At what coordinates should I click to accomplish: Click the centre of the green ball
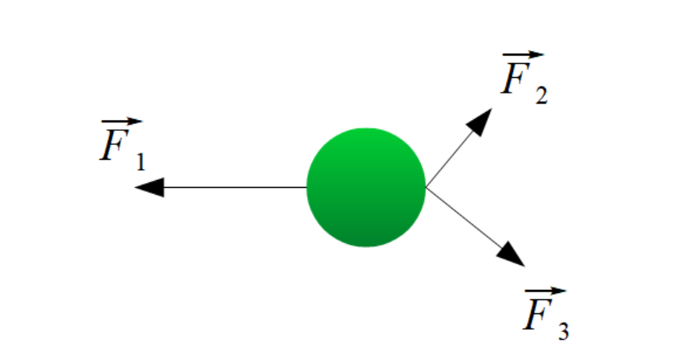coord(366,187)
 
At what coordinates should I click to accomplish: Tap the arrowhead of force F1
coord(150,187)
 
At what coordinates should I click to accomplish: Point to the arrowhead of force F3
coord(511,253)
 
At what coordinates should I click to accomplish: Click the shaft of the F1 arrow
coord(234,187)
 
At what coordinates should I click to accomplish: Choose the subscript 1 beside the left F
coord(140,162)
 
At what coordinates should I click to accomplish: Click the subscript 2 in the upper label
coord(541,96)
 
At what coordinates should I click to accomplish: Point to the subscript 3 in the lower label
coord(563,331)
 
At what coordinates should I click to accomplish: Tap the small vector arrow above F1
coord(122,123)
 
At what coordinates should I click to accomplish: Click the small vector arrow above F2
coord(522,55)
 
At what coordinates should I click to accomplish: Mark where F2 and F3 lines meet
coord(426,187)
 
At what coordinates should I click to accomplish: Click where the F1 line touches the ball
coord(306,187)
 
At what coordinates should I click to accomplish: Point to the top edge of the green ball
coord(366,129)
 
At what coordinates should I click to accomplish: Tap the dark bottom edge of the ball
coord(366,245)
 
